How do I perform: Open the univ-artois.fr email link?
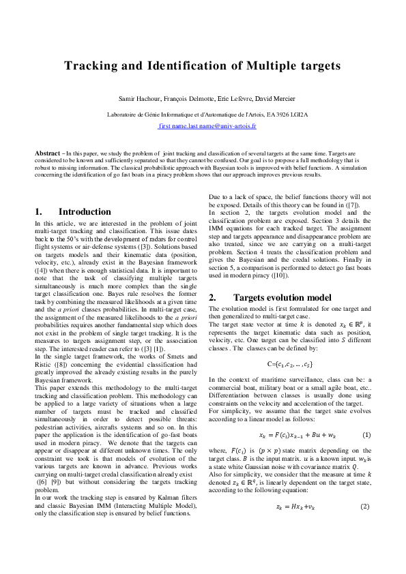point(207,126)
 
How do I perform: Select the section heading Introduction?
point(85,212)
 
